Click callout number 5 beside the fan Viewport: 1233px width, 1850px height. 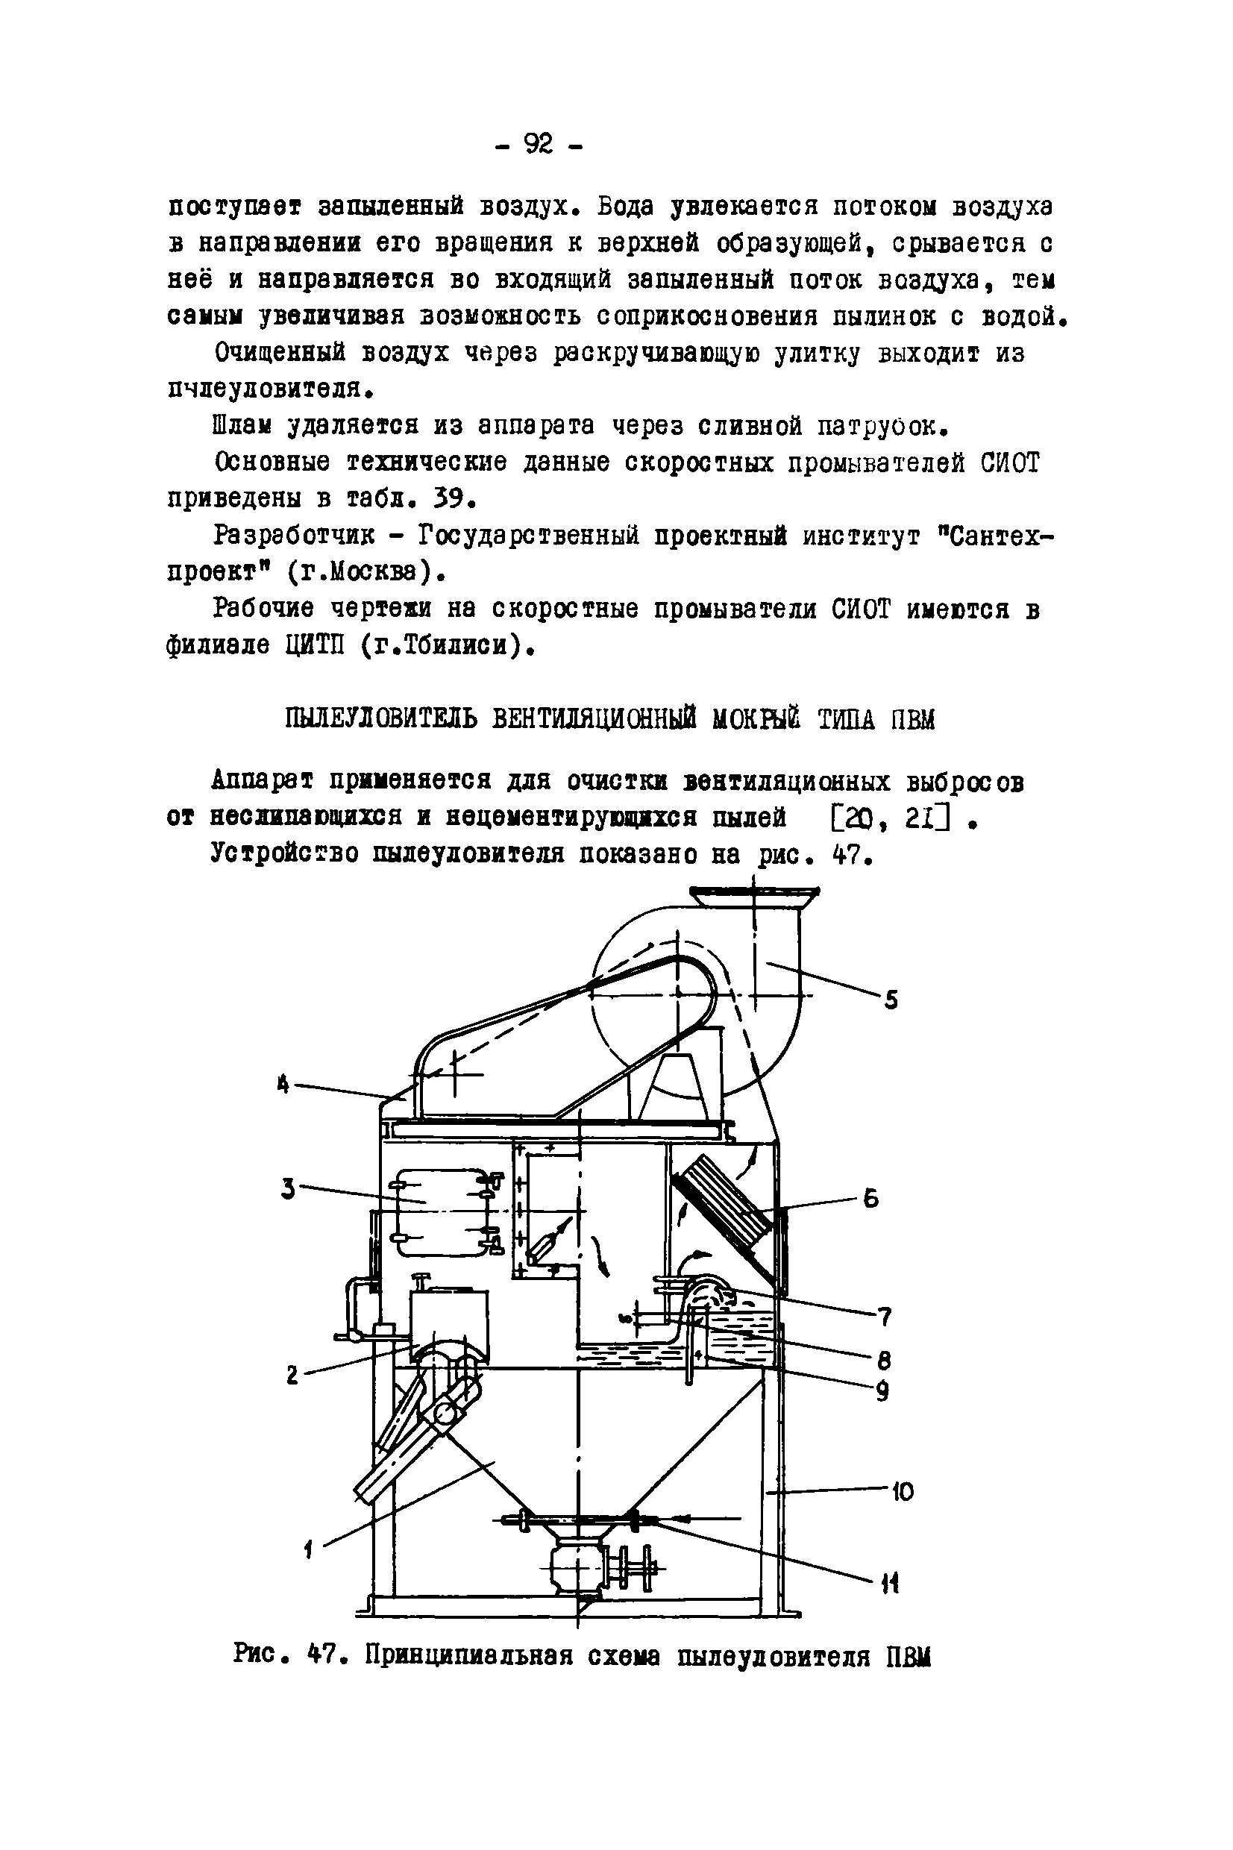(x=890, y=1001)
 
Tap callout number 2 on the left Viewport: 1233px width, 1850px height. (x=292, y=1376)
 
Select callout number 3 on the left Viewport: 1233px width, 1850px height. (x=289, y=1190)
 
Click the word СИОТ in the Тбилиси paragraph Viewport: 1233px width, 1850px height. (x=861, y=610)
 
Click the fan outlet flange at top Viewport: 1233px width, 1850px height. (x=753, y=891)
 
